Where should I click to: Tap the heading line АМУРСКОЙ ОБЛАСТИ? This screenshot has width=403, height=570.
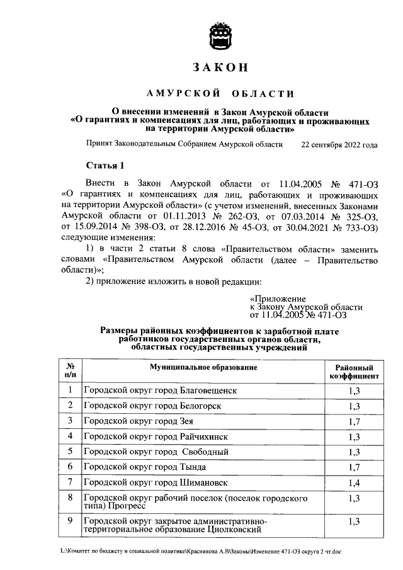tap(220, 94)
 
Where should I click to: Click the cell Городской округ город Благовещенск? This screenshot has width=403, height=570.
tap(161, 390)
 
